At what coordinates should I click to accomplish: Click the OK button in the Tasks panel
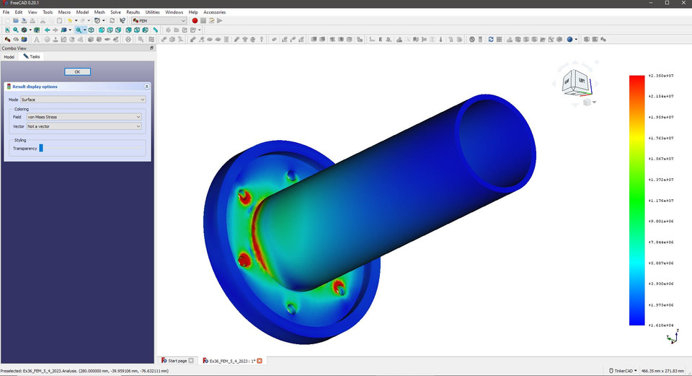click(77, 71)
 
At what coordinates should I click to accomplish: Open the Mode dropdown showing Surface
click(83, 100)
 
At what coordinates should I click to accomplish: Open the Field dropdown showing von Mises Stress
click(84, 116)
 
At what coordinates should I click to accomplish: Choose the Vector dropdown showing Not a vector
click(84, 126)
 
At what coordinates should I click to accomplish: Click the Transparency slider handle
click(41, 148)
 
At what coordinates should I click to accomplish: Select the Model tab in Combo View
click(9, 56)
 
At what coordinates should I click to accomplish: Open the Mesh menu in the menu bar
click(99, 12)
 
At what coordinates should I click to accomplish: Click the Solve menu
click(115, 12)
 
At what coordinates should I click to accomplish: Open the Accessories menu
click(214, 12)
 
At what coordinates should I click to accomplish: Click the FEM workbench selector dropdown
click(159, 20)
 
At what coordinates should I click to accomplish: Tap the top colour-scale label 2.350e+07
click(660, 75)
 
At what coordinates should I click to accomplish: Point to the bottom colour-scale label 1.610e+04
click(660, 325)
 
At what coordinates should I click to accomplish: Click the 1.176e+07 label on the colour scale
click(660, 201)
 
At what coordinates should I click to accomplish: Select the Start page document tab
click(177, 360)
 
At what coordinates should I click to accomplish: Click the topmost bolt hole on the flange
click(291, 175)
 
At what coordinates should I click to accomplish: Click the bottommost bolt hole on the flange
click(290, 308)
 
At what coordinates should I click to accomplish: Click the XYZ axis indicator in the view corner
click(672, 338)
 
